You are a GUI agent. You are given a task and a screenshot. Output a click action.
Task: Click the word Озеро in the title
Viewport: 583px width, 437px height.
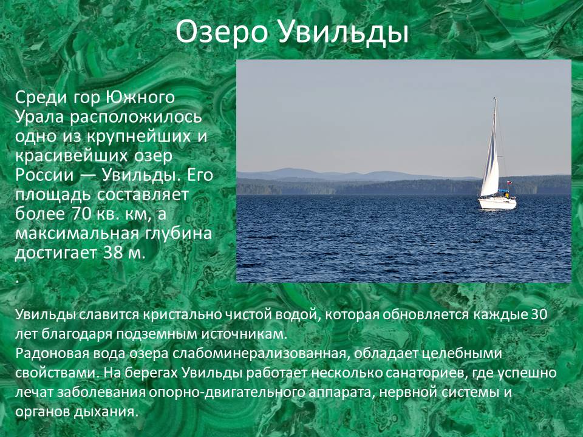click(222, 32)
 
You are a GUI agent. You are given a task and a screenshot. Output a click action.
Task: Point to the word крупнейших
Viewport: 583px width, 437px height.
click(138, 137)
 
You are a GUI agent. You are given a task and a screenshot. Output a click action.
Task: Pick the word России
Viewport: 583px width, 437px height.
click(44, 175)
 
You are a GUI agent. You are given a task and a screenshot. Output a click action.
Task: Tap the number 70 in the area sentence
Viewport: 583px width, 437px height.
click(78, 214)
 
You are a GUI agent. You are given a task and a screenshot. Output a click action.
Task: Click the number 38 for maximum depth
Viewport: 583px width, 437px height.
click(113, 253)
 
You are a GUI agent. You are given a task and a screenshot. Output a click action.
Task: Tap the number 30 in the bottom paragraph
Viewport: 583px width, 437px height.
click(539, 315)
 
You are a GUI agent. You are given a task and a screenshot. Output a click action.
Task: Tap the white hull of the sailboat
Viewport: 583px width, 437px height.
click(497, 203)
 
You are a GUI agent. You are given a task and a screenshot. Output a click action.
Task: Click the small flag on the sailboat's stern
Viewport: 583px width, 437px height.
click(510, 183)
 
